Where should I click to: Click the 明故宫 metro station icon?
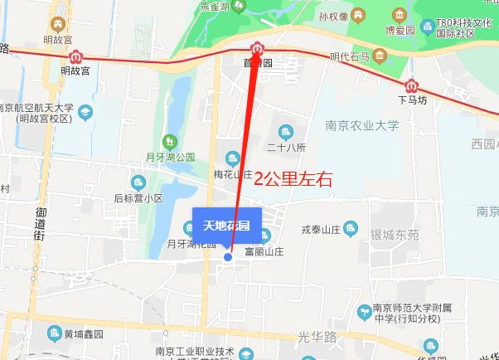76,57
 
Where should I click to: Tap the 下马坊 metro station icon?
411,85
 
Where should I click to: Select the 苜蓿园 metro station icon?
258,47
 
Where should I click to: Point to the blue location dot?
229,257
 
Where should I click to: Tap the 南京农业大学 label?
362,126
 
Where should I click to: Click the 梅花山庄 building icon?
232,158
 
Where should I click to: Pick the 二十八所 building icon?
287,132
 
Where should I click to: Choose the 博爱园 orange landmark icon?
400,16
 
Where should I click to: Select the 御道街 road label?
39,225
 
